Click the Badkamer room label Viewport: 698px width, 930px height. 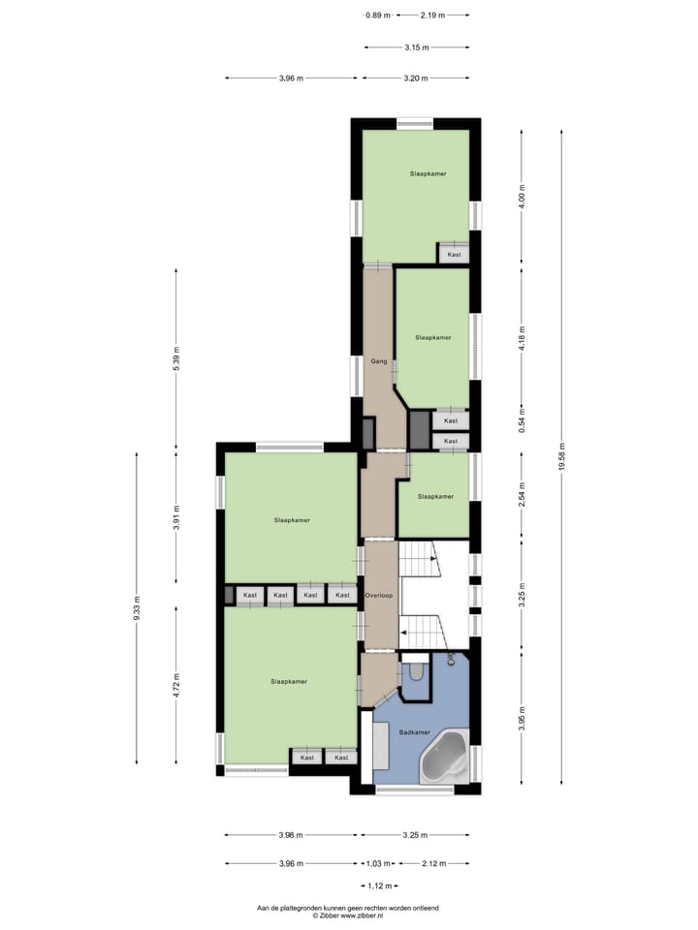pyautogui.click(x=414, y=732)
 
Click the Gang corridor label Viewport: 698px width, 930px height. pyautogui.click(x=379, y=361)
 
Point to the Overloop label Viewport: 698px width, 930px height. pyautogui.click(x=378, y=595)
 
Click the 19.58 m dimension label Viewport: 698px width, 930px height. pyautogui.click(x=563, y=454)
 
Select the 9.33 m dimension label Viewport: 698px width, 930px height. pyautogui.click(x=137, y=607)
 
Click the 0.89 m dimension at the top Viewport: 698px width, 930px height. pyautogui.click(x=378, y=15)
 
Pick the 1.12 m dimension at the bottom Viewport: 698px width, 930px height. pyautogui.click(x=378, y=885)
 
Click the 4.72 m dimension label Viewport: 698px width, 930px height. pyautogui.click(x=175, y=685)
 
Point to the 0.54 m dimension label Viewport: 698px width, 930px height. pyautogui.click(x=522, y=422)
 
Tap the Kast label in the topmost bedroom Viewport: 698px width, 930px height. pyautogui.click(x=453, y=255)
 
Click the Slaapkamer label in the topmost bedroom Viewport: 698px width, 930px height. pyautogui.click(x=428, y=173)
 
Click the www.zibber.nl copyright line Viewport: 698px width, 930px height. pyautogui.click(x=348, y=915)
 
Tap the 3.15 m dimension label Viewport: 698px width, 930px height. pyautogui.click(x=417, y=46)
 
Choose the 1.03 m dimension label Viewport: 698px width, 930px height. pyautogui.click(x=378, y=863)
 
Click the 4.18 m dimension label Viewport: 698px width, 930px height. pyautogui.click(x=522, y=336)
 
